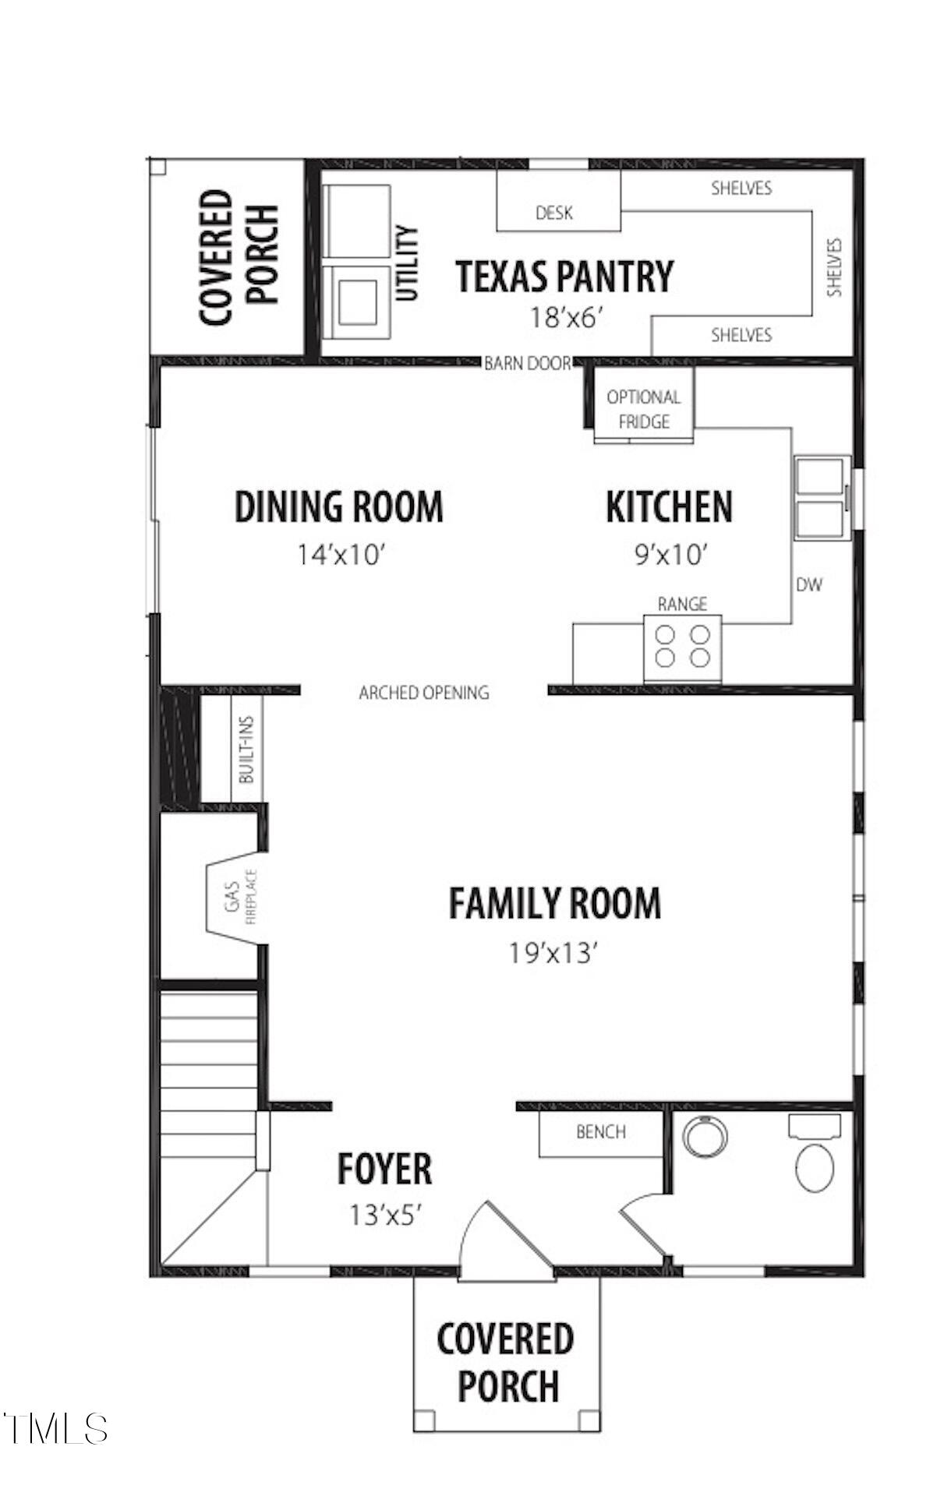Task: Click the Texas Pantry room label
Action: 564,277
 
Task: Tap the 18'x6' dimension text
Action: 567,318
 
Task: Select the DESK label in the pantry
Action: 554,213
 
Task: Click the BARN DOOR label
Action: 527,363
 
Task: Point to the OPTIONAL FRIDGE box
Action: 643,408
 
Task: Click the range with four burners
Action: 682,647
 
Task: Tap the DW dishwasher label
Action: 809,584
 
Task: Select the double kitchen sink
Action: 821,497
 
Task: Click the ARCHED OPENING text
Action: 424,693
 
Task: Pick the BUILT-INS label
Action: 247,749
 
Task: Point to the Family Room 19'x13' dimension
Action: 553,952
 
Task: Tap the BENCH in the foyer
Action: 600,1132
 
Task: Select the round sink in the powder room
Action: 704,1136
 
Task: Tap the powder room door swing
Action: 644,1222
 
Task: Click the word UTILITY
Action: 408,263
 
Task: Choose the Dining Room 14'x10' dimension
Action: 341,556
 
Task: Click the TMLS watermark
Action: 55,1428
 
